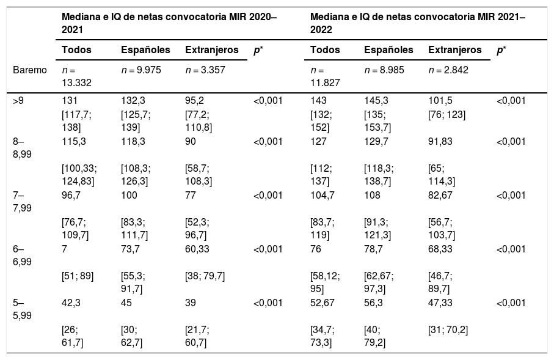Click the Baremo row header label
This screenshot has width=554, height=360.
tap(30, 70)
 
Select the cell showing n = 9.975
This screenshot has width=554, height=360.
tap(141, 70)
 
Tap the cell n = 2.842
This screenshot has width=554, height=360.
tap(448, 70)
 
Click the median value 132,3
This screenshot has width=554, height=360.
tap(133, 101)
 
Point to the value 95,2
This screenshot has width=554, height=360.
tap(194, 101)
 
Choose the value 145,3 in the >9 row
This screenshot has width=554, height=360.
tap(376, 101)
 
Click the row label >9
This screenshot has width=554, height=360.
tap(18, 101)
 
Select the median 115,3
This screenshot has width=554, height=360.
tap(73, 141)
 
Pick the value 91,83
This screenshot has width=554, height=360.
tap(440, 141)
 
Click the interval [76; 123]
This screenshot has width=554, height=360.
tap(446, 115)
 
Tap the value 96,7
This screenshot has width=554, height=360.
tap(71, 195)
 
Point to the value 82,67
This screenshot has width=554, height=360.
tap(440, 195)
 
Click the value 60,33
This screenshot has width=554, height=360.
tap(197, 249)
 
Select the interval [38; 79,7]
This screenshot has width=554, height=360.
tap(205, 276)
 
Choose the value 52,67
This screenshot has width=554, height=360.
tap(323, 303)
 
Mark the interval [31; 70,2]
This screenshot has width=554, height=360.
tap(448, 330)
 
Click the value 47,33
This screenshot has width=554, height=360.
tap(440, 303)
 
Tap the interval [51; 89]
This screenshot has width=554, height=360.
tap(78, 276)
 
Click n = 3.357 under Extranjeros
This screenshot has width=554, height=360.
tap(205, 70)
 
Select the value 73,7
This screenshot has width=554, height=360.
tap(130, 249)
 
